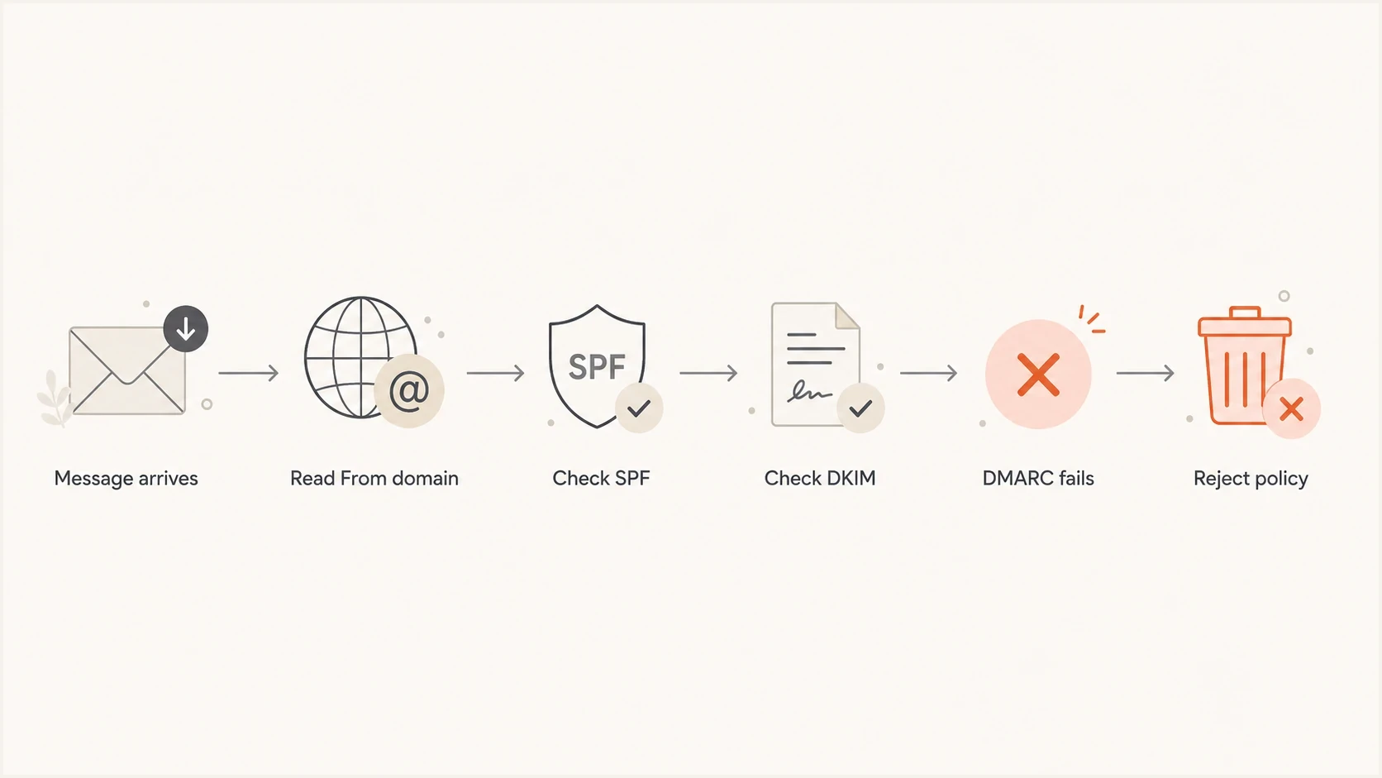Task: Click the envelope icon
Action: tap(127, 370)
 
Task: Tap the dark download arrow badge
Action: tap(186, 329)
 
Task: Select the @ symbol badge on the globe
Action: tap(409, 391)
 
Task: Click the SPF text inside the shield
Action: tap(597, 366)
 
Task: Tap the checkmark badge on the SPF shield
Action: tap(639, 408)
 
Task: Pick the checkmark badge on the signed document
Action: tap(860, 408)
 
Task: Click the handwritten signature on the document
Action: tap(809, 393)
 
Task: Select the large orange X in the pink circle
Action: tap(1038, 374)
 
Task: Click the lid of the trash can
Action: tap(1245, 322)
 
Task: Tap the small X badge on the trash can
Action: tap(1291, 408)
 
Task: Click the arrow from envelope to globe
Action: tap(249, 373)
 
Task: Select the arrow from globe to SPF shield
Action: tap(495, 373)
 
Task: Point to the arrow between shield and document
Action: tap(708, 373)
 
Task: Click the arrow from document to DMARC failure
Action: tap(928, 373)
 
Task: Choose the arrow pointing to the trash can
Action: tap(1145, 373)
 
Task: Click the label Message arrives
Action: tap(126, 479)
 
